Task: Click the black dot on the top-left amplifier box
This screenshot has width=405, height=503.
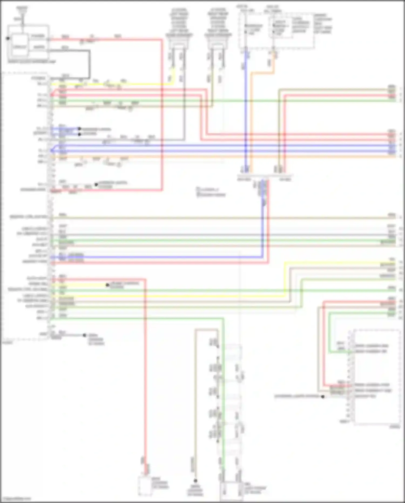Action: pyautogui.click(x=8, y=38)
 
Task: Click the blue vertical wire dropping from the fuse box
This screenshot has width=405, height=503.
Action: pyautogui.click(x=246, y=108)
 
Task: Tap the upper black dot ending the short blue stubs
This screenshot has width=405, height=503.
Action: pyautogui.click(x=79, y=129)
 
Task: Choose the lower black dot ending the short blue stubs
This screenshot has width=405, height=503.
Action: pyautogui.click(x=79, y=134)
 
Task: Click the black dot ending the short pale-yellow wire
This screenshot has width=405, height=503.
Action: pyautogui.click(x=107, y=285)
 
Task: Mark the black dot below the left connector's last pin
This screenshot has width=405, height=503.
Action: pyautogui.click(x=85, y=335)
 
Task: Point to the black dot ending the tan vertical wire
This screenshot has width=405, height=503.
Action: pyautogui.click(x=195, y=481)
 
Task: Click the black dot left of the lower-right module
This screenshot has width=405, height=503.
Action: pyautogui.click(x=323, y=397)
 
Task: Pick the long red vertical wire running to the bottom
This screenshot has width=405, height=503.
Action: pyautogui.click(x=145, y=378)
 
